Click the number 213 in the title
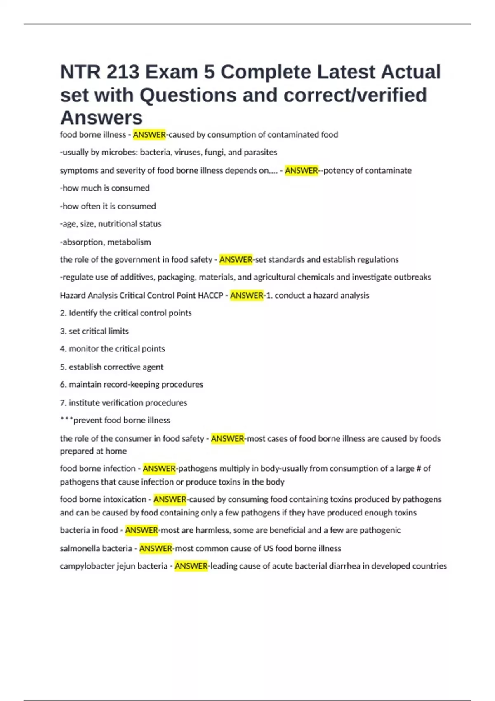[x=123, y=72]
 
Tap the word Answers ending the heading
[x=101, y=118]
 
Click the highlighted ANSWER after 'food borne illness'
[x=149, y=135]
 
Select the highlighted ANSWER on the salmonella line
[x=156, y=548]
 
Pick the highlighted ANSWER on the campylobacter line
[x=191, y=566]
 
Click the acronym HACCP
[x=210, y=296]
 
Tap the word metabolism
[x=129, y=242]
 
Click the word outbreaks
[x=411, y=277]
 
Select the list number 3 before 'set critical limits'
[x=63, y=331]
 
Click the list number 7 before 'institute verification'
[x=63, y=403]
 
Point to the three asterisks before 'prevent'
[x=66, y=420]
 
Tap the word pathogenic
[x=380, y=530]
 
